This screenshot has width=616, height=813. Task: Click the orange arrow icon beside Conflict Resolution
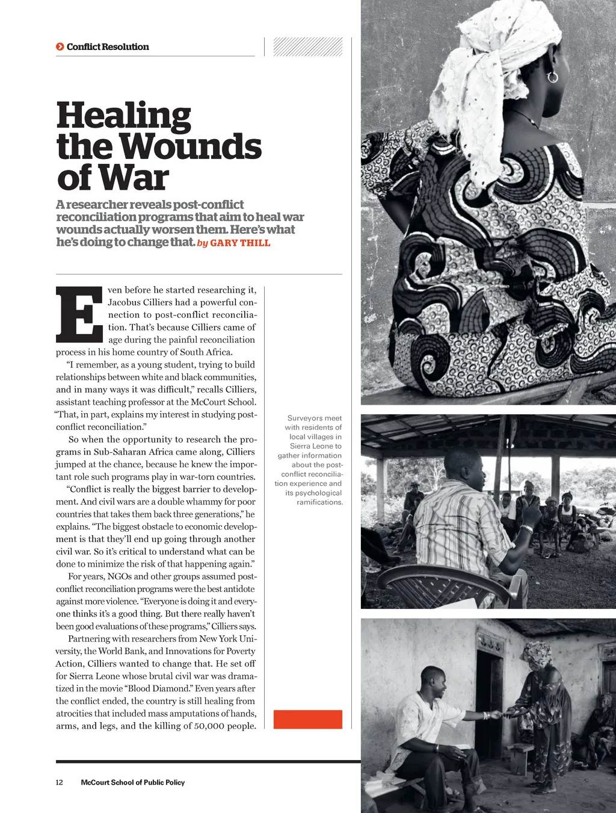(60, 46)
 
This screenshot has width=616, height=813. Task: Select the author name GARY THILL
(240, 243)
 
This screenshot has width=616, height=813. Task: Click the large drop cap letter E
(79, 314)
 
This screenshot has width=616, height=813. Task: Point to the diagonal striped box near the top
(307, 46)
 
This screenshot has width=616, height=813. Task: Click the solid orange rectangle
(307, 719)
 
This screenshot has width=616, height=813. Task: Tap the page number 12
(59, 782)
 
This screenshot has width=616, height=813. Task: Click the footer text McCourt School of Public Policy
(132, 782)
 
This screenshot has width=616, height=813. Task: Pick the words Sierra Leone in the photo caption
(315, 446)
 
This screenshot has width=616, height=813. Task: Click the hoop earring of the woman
(552, 76)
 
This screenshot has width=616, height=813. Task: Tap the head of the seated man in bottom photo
(433, 682)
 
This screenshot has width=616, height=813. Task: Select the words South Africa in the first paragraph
(206, 352)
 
